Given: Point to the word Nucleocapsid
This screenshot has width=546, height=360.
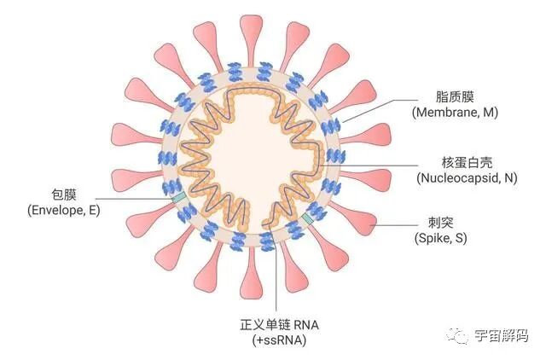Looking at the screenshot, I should click(x=452, y=177).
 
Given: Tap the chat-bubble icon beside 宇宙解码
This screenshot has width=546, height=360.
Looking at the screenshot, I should click(x=462, y=336).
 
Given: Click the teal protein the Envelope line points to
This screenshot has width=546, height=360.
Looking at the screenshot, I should click(x=177, y=198).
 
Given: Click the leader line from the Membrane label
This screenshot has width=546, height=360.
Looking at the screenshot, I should click(x=375, y=106).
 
